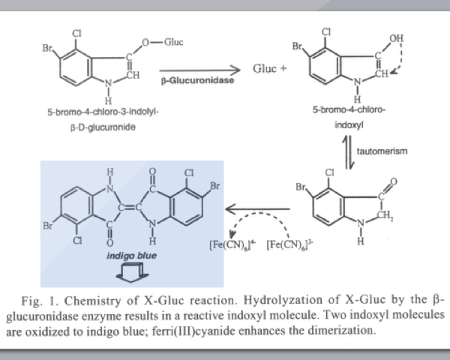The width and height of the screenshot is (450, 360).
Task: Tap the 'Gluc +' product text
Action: click(x=272, y=67)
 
